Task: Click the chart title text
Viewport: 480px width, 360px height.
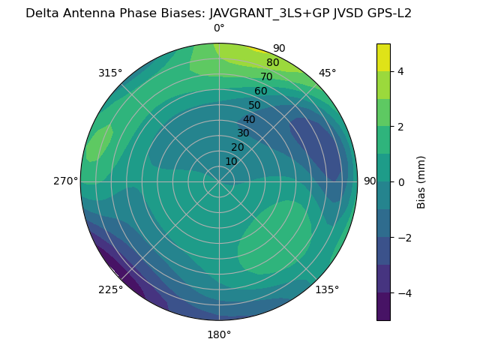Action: coord(218,13)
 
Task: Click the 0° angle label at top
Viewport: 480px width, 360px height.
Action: coord(219,28)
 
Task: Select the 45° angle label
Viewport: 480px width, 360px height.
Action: coord(327,73)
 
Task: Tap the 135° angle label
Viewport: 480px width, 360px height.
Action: coord(327,289)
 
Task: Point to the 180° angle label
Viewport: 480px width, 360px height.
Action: coord(219,334)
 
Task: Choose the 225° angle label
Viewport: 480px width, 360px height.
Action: coord(110,290)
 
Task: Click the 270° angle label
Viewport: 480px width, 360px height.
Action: coord(64,181)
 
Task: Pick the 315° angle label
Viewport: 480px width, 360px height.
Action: coord(110,73)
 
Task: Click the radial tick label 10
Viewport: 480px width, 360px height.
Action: coord(232,162)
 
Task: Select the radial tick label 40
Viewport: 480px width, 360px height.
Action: coord(249,120)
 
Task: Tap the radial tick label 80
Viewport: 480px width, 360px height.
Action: coord(272,63)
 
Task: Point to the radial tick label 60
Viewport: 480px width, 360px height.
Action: coord(260,91)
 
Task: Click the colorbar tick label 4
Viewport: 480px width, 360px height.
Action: coord(400,71)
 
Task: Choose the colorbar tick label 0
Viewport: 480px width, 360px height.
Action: coord(400,181)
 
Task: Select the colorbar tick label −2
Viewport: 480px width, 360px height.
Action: coord(403,237)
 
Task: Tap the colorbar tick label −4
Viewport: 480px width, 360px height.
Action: coord(403,292)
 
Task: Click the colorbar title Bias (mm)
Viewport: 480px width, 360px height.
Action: coord(421,181)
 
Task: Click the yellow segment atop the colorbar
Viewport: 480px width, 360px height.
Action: coord(383,57)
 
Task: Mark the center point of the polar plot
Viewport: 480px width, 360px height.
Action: coord(219,181)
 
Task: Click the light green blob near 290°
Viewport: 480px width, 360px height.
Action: coord(98,142)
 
